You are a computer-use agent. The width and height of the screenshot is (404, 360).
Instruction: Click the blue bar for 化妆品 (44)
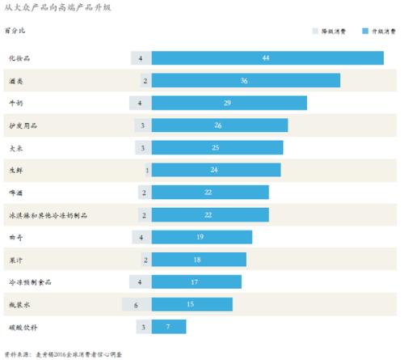point(267,58)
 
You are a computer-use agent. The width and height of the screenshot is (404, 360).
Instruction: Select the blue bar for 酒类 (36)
point(246,81)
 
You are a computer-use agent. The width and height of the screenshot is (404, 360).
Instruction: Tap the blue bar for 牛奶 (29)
point(229,103)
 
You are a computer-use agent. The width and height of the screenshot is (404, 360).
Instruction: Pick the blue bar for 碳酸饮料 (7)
point(168,327)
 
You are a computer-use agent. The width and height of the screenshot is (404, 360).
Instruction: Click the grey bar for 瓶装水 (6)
point(137,304)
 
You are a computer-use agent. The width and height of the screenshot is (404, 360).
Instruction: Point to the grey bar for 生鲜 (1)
point(147,170)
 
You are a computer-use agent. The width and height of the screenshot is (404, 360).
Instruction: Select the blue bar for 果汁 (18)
point(198,260)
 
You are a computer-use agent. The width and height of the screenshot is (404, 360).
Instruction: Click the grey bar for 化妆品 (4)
point(141,58)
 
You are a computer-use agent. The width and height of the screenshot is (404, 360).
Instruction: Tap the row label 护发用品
point(23,126)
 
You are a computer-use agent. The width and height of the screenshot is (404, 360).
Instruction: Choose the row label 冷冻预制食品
point(30,282)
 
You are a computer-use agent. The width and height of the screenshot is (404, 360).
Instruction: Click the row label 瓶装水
point(19,305)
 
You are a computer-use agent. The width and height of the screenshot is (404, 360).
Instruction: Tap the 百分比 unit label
point(15,32)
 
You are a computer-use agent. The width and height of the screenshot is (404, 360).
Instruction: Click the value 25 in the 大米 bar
point(216,148)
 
